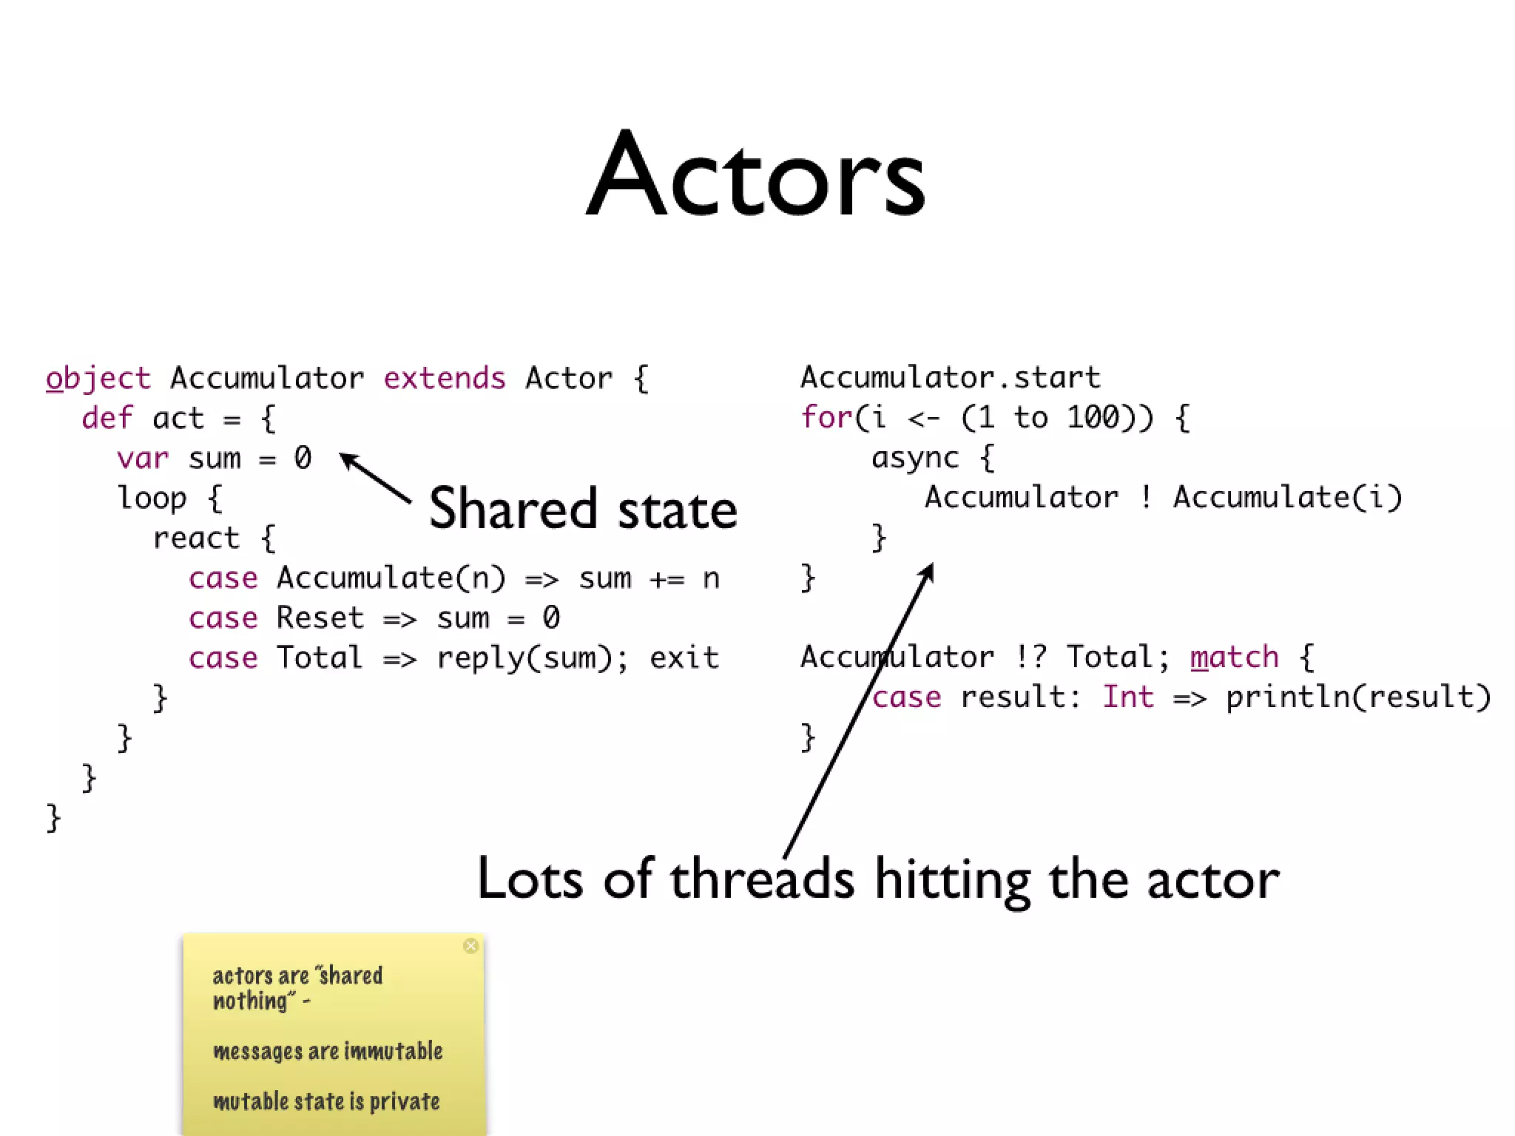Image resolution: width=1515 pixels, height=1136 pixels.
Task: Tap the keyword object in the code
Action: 98,379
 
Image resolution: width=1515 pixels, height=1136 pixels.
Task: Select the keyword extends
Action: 444,379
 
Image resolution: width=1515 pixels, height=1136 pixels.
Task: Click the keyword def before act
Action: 107,419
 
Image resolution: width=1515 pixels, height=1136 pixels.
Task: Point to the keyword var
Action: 142,459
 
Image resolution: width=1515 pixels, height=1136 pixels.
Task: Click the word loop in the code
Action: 152,498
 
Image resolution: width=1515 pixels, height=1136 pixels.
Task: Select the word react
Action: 196,538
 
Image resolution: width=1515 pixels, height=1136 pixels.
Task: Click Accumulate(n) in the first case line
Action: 391,578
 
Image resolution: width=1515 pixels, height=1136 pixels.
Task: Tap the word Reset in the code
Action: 320,618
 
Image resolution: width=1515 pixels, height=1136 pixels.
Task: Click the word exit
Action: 684,658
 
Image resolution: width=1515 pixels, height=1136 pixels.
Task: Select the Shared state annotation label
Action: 583,509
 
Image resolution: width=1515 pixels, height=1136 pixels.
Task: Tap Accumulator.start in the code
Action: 951,378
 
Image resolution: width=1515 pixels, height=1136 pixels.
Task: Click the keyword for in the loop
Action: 826,418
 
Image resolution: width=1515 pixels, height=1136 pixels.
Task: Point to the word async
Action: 915,458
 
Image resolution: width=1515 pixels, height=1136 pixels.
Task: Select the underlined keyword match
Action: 1234,657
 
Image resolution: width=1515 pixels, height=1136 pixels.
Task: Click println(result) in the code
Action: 1358,697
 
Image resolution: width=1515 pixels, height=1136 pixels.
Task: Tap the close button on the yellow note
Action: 470,946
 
